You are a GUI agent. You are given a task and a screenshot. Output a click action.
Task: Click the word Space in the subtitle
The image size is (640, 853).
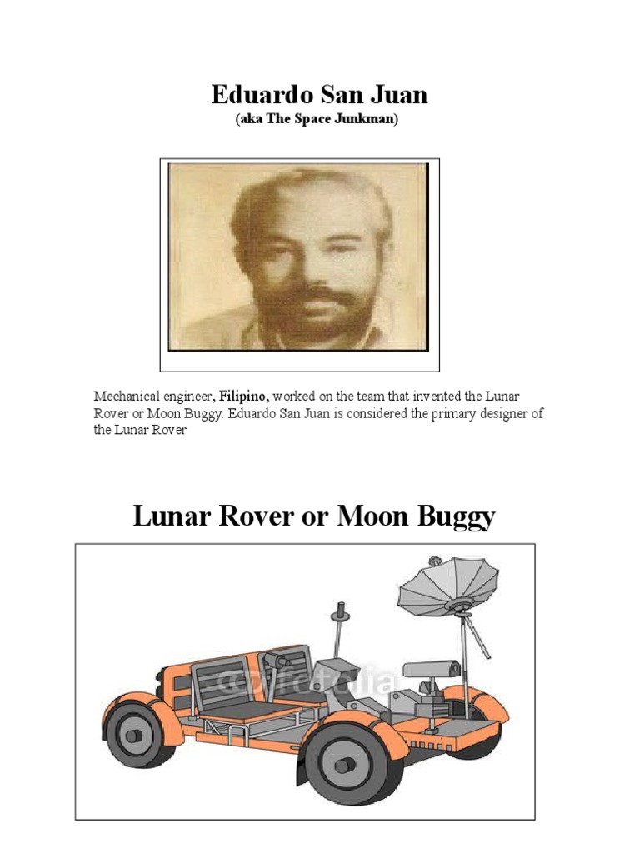(x=306, y=120)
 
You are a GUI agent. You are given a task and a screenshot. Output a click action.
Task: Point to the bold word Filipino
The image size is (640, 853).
(x=243, y=397)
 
